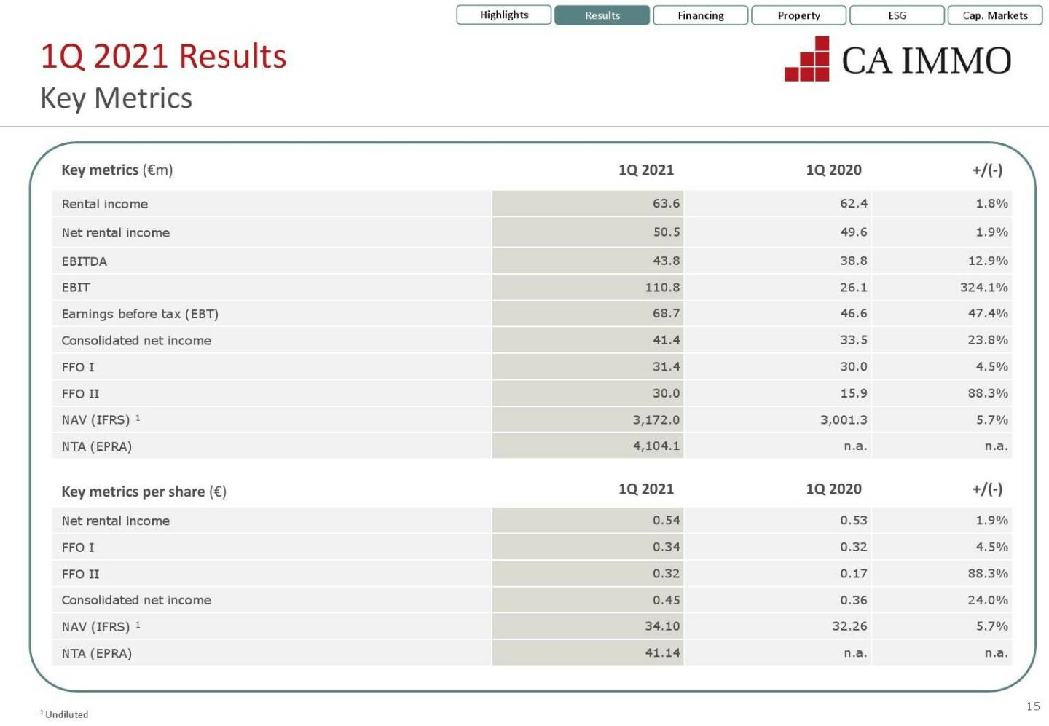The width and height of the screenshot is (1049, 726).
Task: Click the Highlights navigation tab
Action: coord(503,15)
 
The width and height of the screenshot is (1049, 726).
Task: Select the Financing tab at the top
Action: coord(700,15)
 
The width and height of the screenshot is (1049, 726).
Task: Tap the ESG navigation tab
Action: coord(897,15)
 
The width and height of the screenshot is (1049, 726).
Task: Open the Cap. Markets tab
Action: coord(994,15)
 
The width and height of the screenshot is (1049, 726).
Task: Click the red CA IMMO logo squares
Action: coord(808,60)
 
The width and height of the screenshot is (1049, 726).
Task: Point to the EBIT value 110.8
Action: coord(661,288)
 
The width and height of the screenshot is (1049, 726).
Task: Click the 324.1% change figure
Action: coord(983,288)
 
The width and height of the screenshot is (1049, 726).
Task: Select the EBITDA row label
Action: coord(85,261)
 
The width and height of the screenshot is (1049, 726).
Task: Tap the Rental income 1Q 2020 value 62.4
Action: coord(853,204)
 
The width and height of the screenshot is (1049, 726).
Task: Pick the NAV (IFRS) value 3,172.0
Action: coord(656,420)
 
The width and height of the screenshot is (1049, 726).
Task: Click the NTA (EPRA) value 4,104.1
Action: coord(656,446)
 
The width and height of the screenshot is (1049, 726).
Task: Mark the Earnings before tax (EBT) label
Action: coord(140,314)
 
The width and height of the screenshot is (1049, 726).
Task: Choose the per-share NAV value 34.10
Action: coord(662,626)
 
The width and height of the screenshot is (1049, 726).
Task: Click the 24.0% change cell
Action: coord(987,600)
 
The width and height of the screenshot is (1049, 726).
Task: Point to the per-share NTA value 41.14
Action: coord(662,653)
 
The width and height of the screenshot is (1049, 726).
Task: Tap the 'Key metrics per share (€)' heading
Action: coord(144,492)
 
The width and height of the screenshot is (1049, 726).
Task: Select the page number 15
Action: coord(1033,706)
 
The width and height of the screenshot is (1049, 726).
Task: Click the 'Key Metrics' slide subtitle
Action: coord(117,98)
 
